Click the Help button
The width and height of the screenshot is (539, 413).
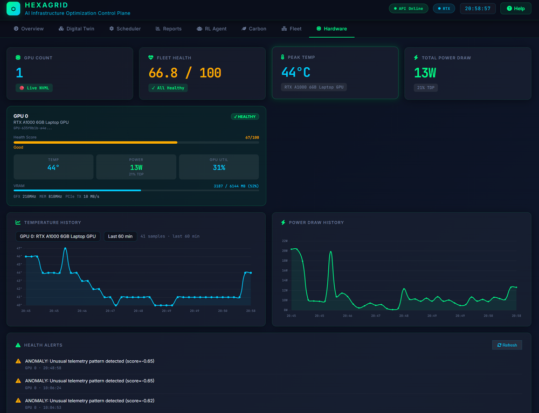pos(515,9)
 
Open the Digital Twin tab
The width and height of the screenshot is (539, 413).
pos(77,29)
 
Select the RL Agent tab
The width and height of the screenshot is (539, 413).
pos(212,29)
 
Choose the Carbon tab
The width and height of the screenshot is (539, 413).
pos(254,29)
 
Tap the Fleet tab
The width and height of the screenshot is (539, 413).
pos(292,29)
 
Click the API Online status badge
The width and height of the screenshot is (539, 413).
pos(409,9)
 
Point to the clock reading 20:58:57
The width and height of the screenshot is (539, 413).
pos(478,9)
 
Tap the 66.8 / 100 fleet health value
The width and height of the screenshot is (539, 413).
pos(185,73)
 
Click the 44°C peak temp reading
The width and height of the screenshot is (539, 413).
pos(296,72)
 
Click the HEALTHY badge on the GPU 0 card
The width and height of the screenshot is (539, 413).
pos(245,116)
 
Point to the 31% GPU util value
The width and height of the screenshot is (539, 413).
pos(218,167)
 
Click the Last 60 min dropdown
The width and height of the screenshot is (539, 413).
pos(120,236)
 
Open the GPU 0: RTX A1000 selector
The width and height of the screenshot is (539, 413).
pos(58,236)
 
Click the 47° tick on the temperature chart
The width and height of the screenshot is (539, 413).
pos(19,248)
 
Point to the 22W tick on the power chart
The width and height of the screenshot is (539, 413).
pos(285,241)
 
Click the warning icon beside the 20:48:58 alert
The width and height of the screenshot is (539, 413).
pos(18,361)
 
